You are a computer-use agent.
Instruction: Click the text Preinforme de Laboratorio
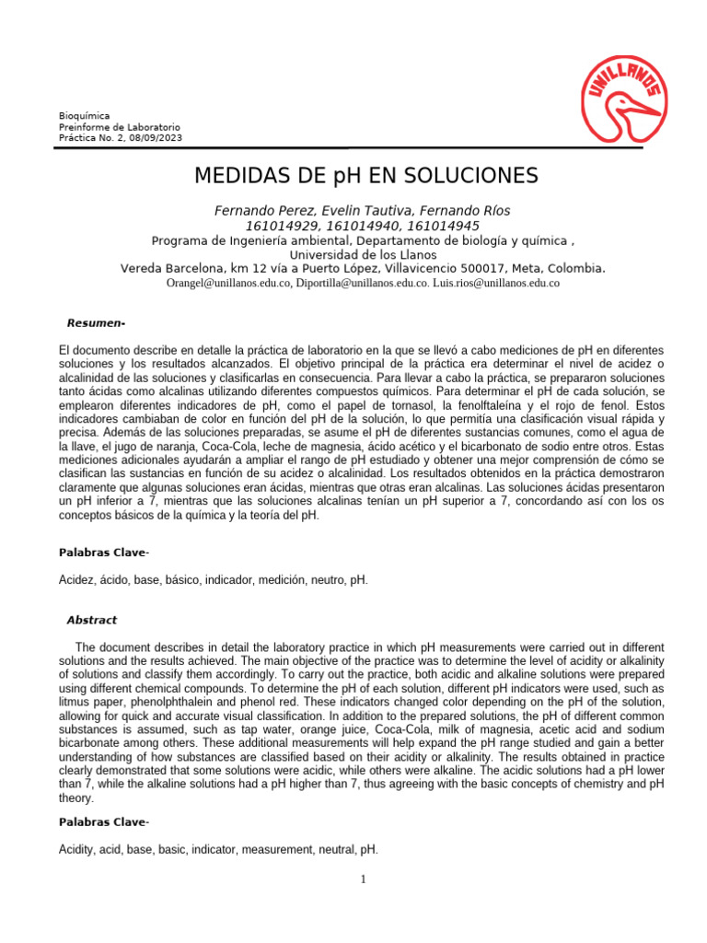click(120, 127)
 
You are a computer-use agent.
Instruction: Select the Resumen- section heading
click(96, 323)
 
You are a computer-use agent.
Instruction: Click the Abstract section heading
click(91, 620)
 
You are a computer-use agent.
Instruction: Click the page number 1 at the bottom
click(364, 879)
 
